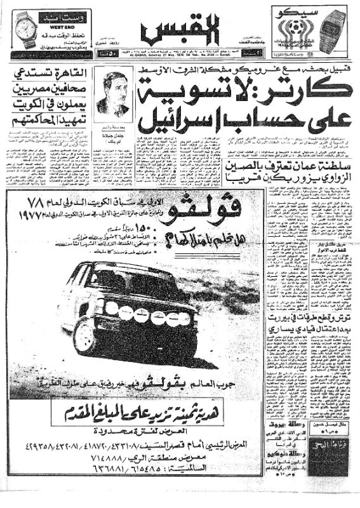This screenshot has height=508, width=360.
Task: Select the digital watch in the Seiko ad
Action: tap(331, 28)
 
